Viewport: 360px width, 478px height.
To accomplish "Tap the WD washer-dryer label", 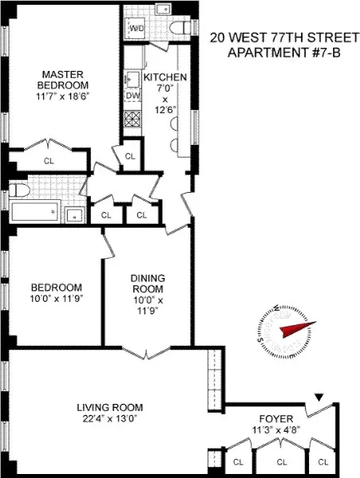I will click(136, 29).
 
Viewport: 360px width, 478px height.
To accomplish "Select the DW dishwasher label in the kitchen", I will click(131, 95).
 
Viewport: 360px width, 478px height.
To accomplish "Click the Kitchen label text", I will click(165, 77).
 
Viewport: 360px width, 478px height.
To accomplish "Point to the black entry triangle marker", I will click(320, 397).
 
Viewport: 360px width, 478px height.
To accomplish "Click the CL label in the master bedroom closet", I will click(49, 160).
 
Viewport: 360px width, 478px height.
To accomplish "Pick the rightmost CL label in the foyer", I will click(323, 461).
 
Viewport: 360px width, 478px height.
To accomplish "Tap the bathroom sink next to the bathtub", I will click(73, 213).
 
